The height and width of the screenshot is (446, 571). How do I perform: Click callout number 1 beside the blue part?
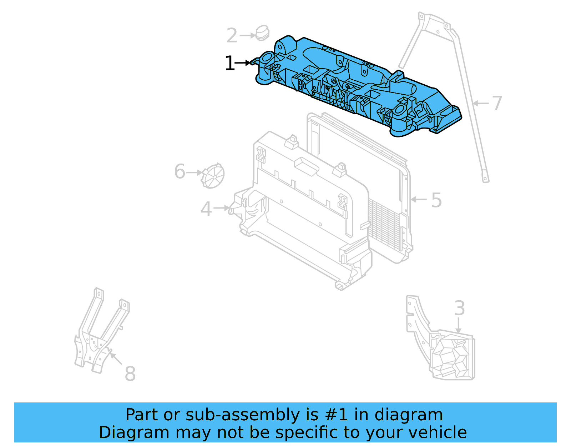click(229, 64)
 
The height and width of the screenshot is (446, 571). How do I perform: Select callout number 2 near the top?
click(232, 36)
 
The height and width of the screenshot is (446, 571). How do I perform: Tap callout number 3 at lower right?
click(459, 308)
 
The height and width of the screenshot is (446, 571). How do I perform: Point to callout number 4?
click(206, 209)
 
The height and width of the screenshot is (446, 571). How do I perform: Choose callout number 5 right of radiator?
click(436, 200)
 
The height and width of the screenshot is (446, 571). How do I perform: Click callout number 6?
click(180, 172)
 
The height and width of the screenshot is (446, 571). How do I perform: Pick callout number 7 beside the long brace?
click(497, 104)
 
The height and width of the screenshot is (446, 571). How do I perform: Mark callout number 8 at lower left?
click(130, 374)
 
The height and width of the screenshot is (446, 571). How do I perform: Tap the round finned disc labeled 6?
click(213, 175)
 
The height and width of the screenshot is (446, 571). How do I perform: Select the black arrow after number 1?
click(244, 63)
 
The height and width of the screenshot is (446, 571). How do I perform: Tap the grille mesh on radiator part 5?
click(384, 225)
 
